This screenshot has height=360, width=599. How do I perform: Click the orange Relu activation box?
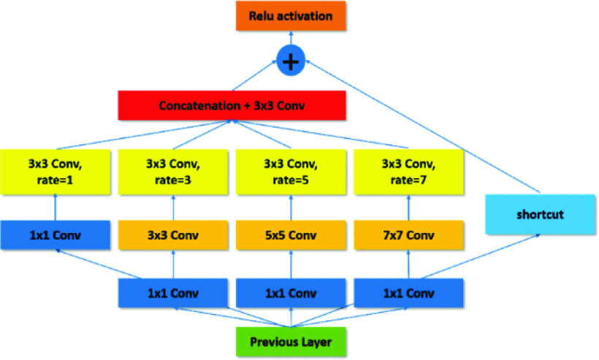(x=291, y=15)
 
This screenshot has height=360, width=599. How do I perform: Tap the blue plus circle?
(x=291, y=61)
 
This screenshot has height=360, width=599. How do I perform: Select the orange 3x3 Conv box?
(x=173, y=236)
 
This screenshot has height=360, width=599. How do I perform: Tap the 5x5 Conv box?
(x=291, y=236)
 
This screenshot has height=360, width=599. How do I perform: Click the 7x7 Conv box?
(x=408, y=236)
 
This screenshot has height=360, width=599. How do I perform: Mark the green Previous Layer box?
(x=291, y=342)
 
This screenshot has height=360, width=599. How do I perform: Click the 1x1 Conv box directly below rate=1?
(x=55, y=236)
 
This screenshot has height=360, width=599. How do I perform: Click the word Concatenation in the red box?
(x=193, y=106)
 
